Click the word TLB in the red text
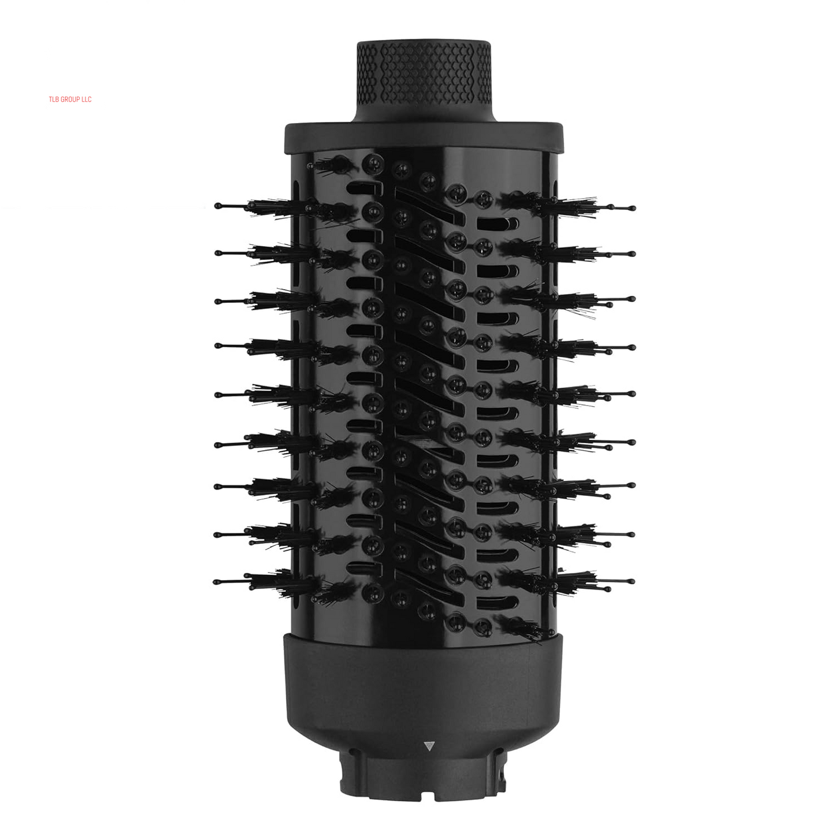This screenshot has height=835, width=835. pyautogui.click(x=54, y=99)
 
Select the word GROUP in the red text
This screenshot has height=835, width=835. pyautogui.click(x=70, y=99)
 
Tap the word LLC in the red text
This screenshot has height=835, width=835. pyautogui.click(x=86, y=99)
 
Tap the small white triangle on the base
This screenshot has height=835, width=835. pyautogui.click(x=428, y=746)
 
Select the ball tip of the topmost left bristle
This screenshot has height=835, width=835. pyautogui.click(x=217, y=205)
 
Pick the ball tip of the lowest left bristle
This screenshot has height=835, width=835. pyautogui.click(x=216, y=582)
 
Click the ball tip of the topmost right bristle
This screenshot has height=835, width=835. pyautogui.click(x=633, y=208)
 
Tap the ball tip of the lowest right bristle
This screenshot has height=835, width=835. pyautogui.click(x=632, y=581)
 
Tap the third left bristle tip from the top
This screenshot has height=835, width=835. pyautogui.click(x=217, y=300)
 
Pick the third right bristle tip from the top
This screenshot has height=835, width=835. pyautogui.click(x=633, y=299)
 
